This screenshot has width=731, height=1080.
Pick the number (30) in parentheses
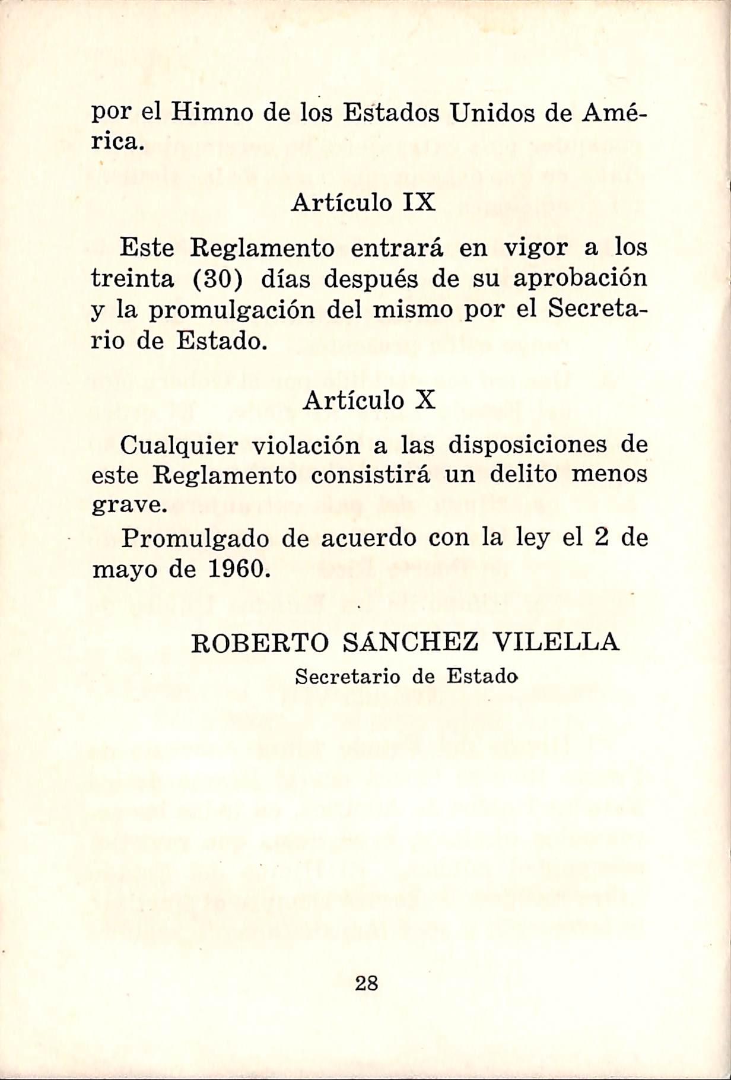click(218, 279)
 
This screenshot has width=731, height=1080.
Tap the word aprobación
click(580, 279)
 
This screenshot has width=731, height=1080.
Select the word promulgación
click(231, 310)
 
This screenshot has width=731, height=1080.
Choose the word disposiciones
click(527, 444)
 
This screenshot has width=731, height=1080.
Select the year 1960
click(236, 570)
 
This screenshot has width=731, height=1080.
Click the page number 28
click(366, 983)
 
